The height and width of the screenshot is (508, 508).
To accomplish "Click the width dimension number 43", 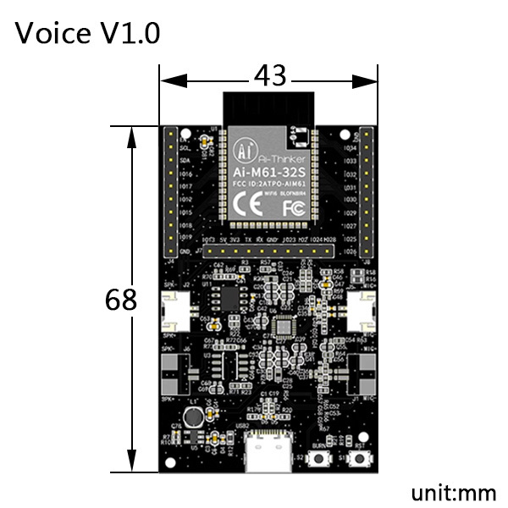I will (x=269, y=76).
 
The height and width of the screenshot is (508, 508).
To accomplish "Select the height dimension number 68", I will (x=121, y=300).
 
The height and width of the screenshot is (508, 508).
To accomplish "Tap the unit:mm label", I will (x=453, y=493).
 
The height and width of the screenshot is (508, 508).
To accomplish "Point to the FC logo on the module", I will (x=294, y=207).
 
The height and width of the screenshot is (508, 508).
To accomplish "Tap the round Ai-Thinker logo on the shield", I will (x=245, y=151).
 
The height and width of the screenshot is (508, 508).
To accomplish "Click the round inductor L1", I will (x=194, y=417).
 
